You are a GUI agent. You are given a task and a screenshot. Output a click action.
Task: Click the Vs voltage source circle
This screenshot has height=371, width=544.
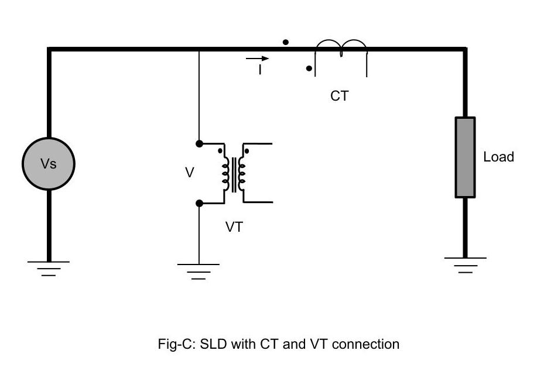coord(49,164)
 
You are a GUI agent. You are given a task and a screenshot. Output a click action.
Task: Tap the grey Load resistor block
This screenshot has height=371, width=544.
coord(465,157)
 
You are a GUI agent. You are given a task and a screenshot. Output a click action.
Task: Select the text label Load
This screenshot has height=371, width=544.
coord(498,157)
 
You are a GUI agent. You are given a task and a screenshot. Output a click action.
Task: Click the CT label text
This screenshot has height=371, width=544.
coord(339,96)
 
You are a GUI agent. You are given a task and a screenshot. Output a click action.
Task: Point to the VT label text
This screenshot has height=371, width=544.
coord(234,227)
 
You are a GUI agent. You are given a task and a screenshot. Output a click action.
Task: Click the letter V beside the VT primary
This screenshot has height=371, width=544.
coord(189,173)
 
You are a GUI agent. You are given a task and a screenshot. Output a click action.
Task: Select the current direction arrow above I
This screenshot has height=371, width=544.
coord(258,59)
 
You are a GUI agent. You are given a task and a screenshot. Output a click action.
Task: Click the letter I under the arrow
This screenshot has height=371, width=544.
coord(260,70)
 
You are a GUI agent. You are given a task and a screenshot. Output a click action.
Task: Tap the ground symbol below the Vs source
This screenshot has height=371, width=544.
coord(49,267)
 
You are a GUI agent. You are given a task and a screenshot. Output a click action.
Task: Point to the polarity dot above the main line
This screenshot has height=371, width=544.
coord(285,42)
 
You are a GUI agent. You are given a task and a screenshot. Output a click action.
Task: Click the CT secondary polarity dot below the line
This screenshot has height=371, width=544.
coord(309,68)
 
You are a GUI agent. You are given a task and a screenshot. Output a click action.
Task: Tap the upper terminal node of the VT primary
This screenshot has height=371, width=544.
coord(199,143)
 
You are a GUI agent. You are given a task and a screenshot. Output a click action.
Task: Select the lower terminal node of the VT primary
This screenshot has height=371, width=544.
coord(199,203)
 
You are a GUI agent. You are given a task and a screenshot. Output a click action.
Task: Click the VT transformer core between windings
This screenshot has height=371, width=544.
coord(234,174)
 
